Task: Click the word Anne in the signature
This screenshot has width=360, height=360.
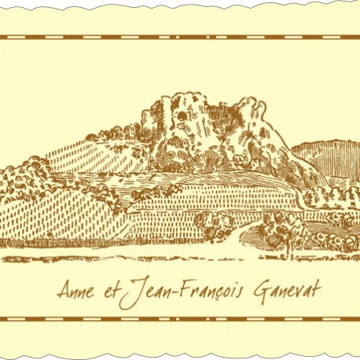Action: tap(75, 288)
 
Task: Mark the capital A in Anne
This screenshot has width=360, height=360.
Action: tap(62, 288)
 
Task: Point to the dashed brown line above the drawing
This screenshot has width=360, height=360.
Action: tap(180, 38)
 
